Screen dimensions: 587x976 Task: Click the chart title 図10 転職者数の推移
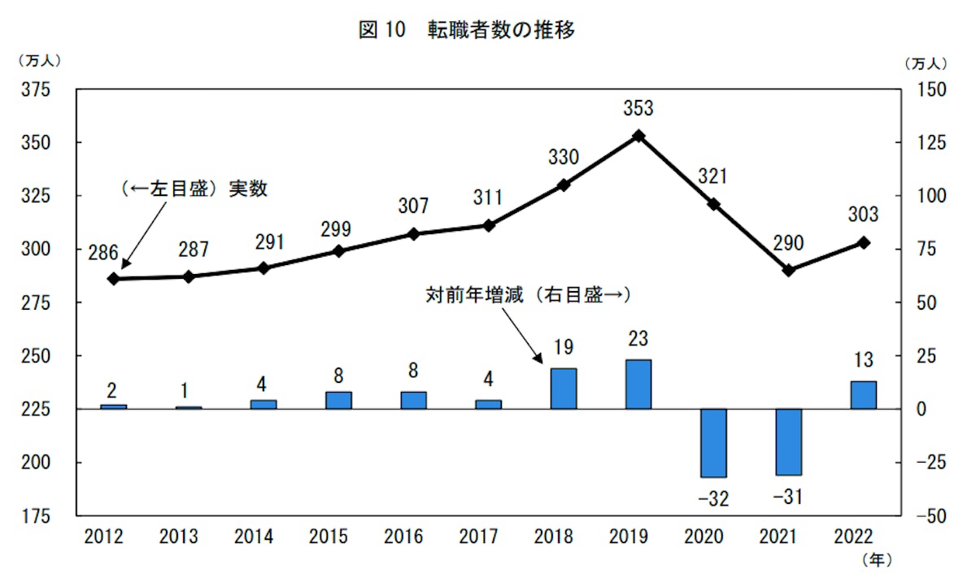point(467,31)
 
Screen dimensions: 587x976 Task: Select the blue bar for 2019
point(638,385)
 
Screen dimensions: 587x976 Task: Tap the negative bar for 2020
point(713,443)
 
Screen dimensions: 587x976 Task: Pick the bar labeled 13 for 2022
point(864,395)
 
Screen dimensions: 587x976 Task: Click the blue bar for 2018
point(564,389)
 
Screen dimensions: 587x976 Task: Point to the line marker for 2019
point(638,136)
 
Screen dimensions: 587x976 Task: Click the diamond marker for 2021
point(789,270)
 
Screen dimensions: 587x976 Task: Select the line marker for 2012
point(114,279)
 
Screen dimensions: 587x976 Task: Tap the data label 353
point(638,108)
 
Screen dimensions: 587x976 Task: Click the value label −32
point(713,498)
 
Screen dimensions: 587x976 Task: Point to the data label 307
point(413,206)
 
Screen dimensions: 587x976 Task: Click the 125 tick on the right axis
point(930,143)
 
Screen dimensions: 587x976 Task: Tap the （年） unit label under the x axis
point(876,560)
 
